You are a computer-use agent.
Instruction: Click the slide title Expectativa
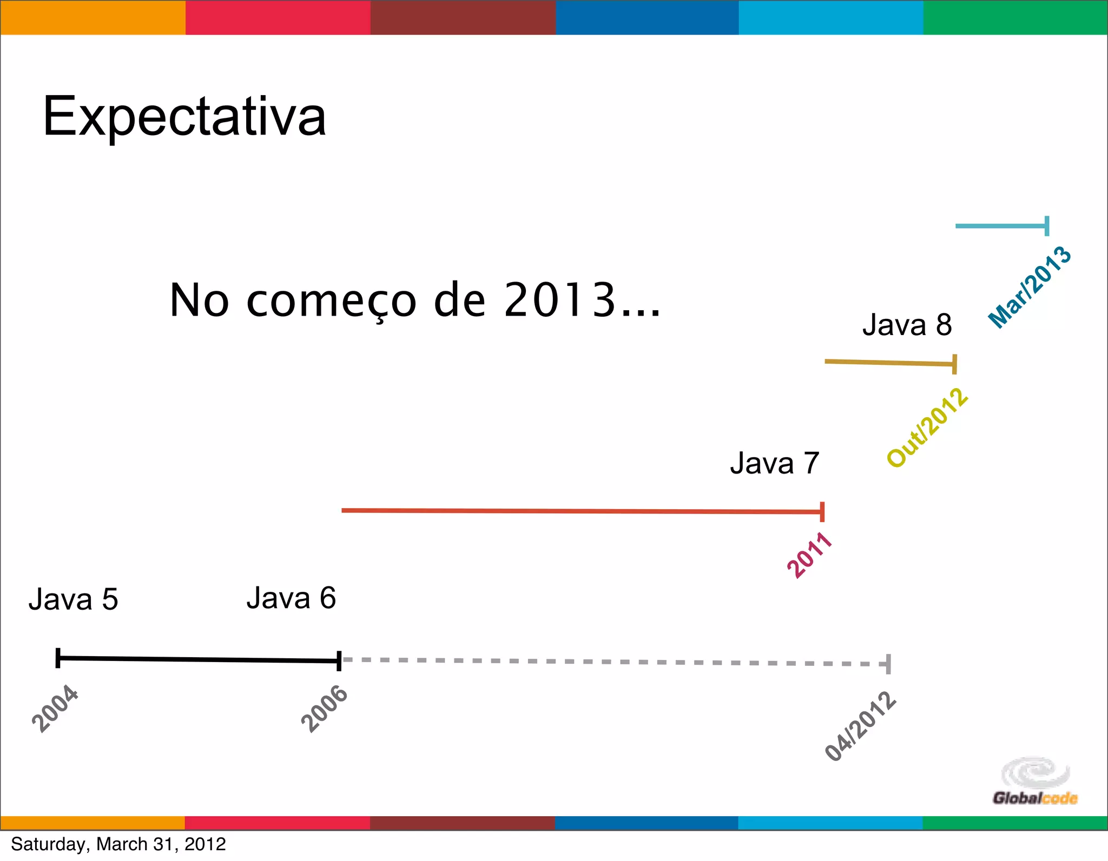[184, 116]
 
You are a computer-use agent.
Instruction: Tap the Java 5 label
[73, 599]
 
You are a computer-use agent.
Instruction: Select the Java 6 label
[291, 598]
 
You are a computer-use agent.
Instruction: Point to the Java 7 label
[774, 463]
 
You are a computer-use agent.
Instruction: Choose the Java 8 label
[907, 325]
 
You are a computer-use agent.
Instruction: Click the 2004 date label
[55, 708]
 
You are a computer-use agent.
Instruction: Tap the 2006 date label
[324, 709]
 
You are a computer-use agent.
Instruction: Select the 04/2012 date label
[860, 726]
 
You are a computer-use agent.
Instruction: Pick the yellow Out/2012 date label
[927, 428]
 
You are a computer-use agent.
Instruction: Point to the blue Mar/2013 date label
[1030, 287]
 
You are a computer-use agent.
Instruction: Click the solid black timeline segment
[198, 659]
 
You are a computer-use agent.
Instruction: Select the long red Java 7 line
[582, 511]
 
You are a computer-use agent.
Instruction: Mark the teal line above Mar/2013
[1001, 226]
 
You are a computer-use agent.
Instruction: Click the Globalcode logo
[1034, 782]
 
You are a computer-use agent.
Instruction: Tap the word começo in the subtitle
[331, 301]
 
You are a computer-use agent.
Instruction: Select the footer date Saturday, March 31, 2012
[118, 844]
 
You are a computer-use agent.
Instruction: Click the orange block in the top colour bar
[93, 17]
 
